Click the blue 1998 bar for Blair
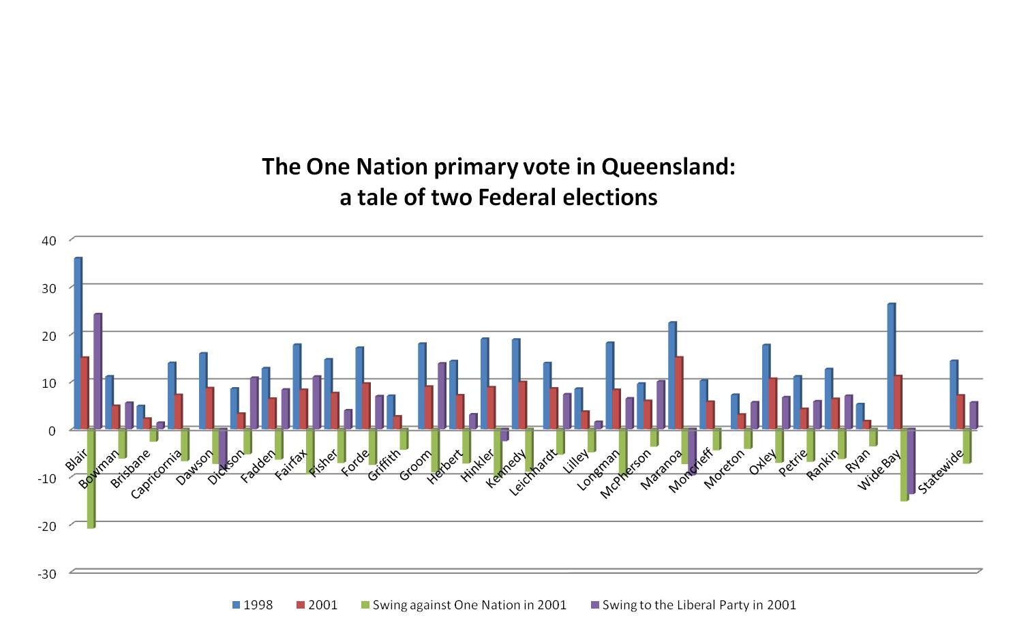pyautogui.click(x=78, y=343)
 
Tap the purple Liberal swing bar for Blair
pyautogui.click(x=97, y=371)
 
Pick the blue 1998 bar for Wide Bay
pyautogui.click(x=891, y=366)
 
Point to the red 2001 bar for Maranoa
pyautogui.click(x=678, y=393)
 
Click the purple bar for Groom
pyautogui.click(x=442, y=396)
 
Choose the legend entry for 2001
pyautogui.click(x=317, y=605)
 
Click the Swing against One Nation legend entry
pyautogui.click(x=464, y=605)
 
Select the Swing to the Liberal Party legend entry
pyautogui.click(x=693, y=605)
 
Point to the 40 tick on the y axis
pyautogui.click(x=48, y=241)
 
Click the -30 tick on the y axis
pyautogui.click(x=46, y=574)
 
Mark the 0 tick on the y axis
pyautogui.click(x=52, y=431)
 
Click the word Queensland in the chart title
pyautogui.click(x=667, y=167)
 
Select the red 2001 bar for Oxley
pyautogui.click(x=772, y=403)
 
